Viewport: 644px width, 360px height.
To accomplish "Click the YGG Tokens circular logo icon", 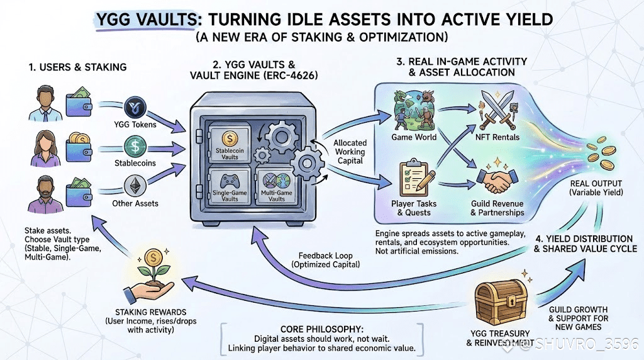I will tap(136, 106).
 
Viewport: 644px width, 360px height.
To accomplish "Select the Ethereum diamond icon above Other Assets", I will tap(136, 185).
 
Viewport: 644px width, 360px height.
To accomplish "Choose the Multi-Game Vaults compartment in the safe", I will tap(272, 187).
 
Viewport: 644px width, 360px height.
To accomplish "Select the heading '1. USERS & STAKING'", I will tap(78, 67).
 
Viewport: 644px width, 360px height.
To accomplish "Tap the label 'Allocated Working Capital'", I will tap(350, 152).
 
